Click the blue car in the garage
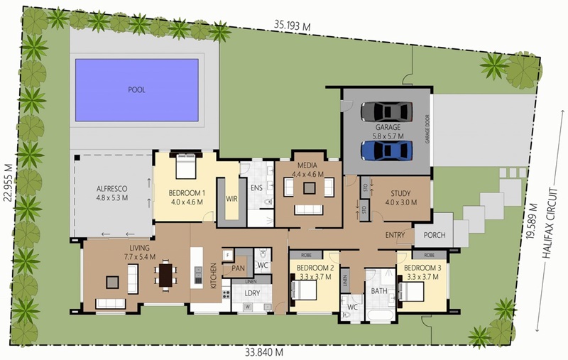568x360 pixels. (x=386, y=151)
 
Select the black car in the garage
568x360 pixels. (x=386, y=112)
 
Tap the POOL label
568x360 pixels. (x=136, y=89)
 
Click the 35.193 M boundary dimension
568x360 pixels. (x=292, y=26)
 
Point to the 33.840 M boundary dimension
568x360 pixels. (x=264, y=352)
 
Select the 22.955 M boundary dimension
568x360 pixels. (x=8, y=182)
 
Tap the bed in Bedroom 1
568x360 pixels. (x=186, y=166)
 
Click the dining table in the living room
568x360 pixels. (x=166, y=275)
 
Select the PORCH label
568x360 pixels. (x=435, y=235)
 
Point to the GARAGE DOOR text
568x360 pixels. (x=427, y=129)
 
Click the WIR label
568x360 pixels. (x=232, y=199)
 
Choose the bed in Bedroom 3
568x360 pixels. (x=411, y=292)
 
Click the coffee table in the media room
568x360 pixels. (x=310, y=188)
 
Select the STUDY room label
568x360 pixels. (x=400, y=193)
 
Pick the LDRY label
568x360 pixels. (x=252, y=293)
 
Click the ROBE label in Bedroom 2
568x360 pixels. (x=306, y=255)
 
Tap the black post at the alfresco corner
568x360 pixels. (x=77, y=158)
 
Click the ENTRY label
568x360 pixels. (x=395, y=235)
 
